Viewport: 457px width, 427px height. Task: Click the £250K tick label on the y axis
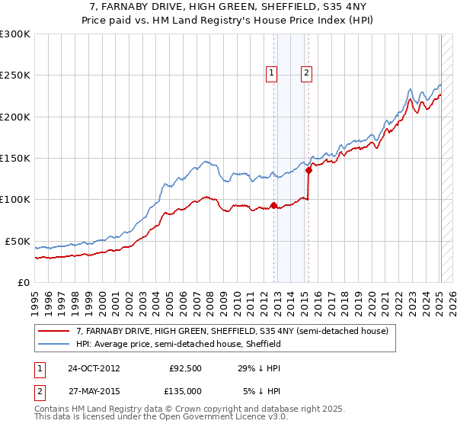(15, 75)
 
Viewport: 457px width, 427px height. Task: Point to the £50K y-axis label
(18, 241)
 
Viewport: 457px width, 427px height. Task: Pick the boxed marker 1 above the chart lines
(272, 73)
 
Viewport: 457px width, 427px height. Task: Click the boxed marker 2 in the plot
(306, 73)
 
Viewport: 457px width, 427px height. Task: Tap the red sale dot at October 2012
(273, 205)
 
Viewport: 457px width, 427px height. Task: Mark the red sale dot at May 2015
(308, 170)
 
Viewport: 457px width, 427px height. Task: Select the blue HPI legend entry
(178, 344)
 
